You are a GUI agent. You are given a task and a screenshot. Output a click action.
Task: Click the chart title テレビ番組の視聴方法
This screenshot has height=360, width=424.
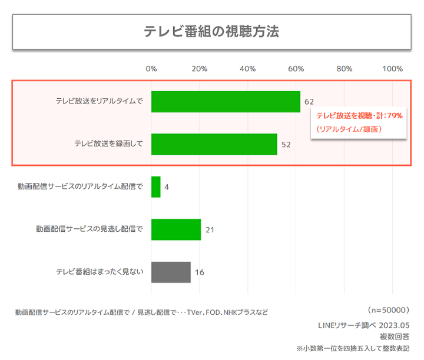coord(211,32)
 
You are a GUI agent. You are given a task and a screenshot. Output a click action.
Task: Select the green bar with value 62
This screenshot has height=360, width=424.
coord(226,102)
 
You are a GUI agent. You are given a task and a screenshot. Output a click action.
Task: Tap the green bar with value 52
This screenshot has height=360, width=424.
coord(214,144)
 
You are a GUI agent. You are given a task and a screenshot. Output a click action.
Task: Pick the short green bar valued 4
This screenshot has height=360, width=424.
coord(156,187)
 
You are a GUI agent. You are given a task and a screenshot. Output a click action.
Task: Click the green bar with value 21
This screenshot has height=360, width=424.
coord(176,229)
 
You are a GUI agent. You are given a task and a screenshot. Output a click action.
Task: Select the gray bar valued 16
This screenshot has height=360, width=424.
coord(171,272)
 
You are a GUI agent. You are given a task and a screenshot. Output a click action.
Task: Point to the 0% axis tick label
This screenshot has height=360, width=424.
coord(151,69)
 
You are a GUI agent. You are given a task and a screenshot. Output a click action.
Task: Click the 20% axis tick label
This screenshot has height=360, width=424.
coord(200,69)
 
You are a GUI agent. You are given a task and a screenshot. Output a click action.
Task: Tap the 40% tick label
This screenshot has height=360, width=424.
coord(248,69)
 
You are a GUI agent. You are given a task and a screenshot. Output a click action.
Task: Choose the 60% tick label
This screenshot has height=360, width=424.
coord(296,69)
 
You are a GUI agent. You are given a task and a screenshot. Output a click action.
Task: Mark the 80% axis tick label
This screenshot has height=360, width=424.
coord(344,69)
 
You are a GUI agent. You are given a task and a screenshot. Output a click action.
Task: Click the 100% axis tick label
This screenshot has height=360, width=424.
coord(392,69)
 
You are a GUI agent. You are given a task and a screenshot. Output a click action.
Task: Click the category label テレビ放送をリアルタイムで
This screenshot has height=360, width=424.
coord(100,102)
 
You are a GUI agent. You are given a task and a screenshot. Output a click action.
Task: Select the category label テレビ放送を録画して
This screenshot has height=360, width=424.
coord(109,144)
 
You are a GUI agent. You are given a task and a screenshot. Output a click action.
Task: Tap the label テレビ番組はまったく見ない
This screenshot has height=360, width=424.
coord(100,272)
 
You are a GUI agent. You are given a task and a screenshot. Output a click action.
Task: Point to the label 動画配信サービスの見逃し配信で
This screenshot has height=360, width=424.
coord(90,229)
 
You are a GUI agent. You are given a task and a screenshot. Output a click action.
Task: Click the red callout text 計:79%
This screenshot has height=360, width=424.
coord(386,116)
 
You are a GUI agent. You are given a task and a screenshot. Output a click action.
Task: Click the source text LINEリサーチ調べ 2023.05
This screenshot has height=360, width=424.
coord(363,325)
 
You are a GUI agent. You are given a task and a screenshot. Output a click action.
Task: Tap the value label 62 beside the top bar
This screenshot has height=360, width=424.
coord(309,102)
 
